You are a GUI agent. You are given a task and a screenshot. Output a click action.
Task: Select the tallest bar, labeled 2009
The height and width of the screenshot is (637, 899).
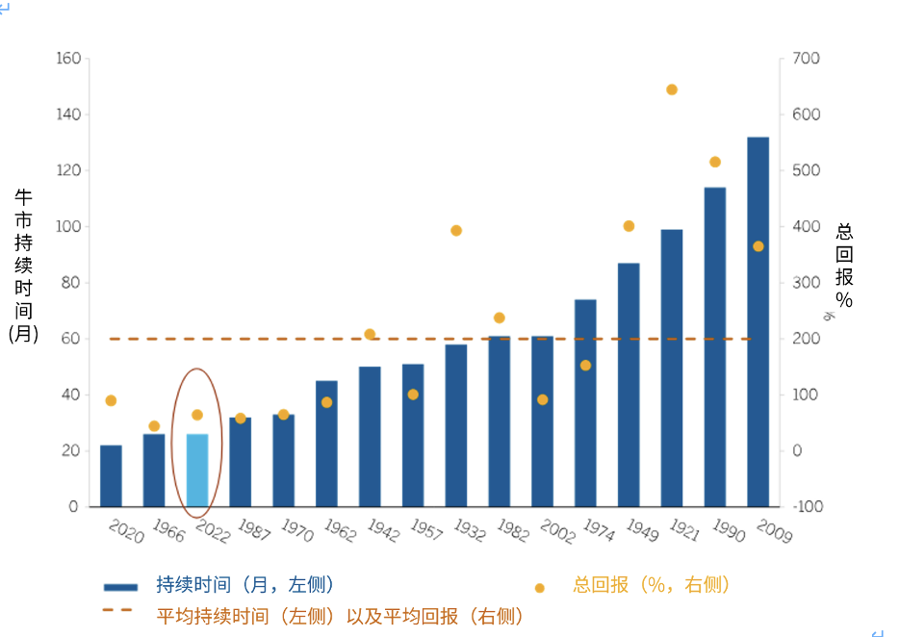[758, 322]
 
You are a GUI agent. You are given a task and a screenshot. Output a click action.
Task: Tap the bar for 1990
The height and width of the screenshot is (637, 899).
[714, 346]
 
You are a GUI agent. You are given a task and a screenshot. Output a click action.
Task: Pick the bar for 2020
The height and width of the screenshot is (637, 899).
[111, 475]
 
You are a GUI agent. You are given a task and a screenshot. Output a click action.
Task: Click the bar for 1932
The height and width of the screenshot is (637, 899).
[456, 425]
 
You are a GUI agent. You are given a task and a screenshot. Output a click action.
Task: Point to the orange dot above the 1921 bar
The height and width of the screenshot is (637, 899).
[672, 89]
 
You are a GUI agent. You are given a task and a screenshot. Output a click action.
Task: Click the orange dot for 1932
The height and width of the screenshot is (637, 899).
[456, 231]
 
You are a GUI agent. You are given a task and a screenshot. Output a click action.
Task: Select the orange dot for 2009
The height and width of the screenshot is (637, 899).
[758, 246]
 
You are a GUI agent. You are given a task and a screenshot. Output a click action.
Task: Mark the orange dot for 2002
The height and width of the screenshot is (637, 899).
[542, 399]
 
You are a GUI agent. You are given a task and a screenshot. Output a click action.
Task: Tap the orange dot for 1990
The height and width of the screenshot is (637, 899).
[714, 162]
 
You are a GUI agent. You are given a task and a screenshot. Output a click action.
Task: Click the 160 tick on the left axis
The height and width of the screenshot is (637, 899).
[68, 59]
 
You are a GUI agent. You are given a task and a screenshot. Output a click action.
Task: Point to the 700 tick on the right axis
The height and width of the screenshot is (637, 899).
[806, 59]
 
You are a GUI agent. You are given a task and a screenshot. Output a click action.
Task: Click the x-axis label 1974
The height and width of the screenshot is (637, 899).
[598, 530]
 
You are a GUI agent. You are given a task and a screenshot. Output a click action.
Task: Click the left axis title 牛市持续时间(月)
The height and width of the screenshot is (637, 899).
[23, 265]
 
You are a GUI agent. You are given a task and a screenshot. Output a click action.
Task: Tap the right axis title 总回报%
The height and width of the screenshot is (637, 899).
[844, 266]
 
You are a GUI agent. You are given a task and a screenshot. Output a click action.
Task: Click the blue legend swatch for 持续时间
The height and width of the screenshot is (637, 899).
[121, 586]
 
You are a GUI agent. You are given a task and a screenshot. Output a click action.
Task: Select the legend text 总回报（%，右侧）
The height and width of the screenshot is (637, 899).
[652, 585]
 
